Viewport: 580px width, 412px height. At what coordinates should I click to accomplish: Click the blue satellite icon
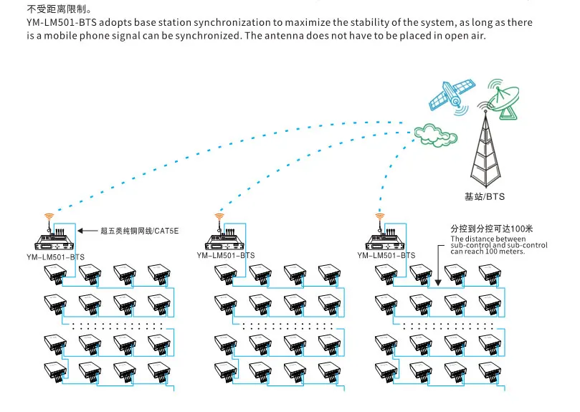[452, 95]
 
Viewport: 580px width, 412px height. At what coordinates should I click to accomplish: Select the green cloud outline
[435, 135]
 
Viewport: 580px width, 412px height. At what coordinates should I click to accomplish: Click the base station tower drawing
[486, 148]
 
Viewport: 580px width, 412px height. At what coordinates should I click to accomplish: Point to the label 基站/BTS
[485, 196]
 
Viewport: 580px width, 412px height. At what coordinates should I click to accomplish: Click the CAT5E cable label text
[140, 231]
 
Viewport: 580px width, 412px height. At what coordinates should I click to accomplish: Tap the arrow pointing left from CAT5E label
[87, 231]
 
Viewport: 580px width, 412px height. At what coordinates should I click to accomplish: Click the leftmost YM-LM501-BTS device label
[55, 257]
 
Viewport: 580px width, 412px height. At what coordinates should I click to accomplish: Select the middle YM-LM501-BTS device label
[226, 255]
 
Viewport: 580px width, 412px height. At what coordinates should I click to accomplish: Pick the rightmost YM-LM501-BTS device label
[386, 255]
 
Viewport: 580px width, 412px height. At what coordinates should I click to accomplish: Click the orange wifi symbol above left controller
[49, 216]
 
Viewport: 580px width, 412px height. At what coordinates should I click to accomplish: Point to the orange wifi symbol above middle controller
[219, 216]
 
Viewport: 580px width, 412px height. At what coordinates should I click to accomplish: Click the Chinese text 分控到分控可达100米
[492, 229]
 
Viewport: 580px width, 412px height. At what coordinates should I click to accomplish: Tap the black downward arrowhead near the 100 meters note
[438, 283]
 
